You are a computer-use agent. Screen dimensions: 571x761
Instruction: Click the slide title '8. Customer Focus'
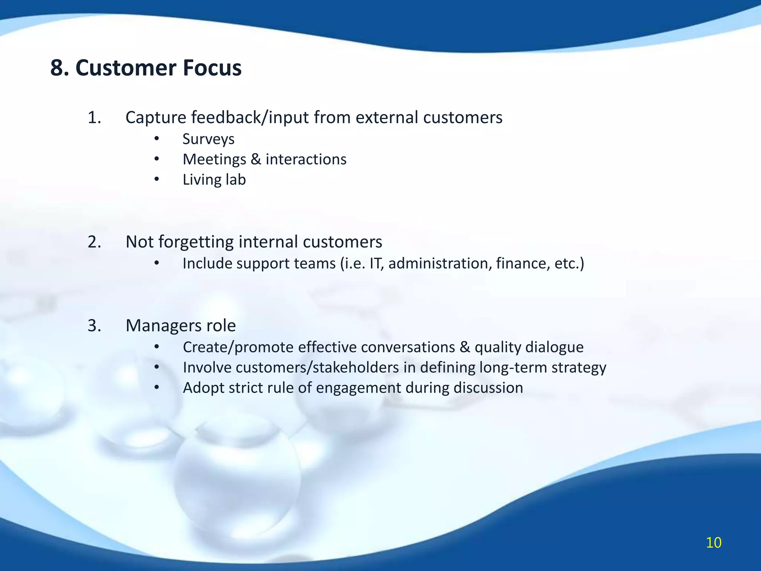click(146, 68)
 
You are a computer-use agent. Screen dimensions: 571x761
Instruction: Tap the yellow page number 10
click(713, 543)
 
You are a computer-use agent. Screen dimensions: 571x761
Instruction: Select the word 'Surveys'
click(208, 139)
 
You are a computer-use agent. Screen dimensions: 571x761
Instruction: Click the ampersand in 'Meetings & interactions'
click(256, 159)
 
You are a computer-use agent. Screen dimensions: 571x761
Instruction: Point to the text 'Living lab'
click(214, 180)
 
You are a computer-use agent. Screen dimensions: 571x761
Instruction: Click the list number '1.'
click(94, 118)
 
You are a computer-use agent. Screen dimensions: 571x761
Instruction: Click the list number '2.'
click(94, 242)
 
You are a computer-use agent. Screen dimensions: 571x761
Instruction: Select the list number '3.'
click(94, 326)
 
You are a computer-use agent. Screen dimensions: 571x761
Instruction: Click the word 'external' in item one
click(386, 118)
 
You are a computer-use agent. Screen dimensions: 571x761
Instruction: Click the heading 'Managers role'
click(181, 326)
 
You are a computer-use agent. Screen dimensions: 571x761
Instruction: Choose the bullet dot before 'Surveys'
click(157, 139)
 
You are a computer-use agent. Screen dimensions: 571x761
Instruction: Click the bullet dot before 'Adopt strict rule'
click(157, 388)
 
